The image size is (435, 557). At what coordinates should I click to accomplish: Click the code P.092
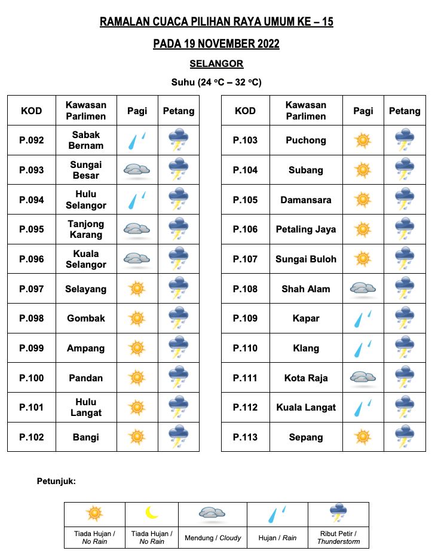[32, 140]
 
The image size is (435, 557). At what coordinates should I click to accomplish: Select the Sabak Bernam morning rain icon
[137, 140]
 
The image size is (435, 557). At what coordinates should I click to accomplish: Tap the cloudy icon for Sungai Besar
[137, 170]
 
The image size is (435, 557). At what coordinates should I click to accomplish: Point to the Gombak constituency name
[85, 319]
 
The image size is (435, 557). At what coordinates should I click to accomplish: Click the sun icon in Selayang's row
[137, 289]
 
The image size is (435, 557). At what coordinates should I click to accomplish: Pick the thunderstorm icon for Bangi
[179, 437]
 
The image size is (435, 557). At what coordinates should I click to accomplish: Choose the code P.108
[245, 289]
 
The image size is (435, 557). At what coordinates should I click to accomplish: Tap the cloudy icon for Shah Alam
[363, 289]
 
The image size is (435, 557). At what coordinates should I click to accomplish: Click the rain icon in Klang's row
[363, 348]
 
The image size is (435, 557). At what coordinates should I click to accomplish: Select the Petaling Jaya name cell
[306, 229]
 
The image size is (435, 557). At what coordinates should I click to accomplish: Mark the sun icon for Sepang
[363, 437]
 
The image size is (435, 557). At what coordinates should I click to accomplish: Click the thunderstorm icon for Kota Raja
[405, 378]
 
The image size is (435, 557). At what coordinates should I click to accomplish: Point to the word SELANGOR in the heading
[216, 64]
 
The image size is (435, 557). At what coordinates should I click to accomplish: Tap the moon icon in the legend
[152, 513]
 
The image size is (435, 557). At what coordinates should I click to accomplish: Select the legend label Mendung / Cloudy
[213, 538]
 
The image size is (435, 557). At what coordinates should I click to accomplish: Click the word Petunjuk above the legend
[56, 481]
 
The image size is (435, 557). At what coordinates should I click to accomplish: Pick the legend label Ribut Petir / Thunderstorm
[338, 537]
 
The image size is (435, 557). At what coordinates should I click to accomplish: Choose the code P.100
[32, 378]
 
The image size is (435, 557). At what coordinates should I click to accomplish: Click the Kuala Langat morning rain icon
[363, 408]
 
